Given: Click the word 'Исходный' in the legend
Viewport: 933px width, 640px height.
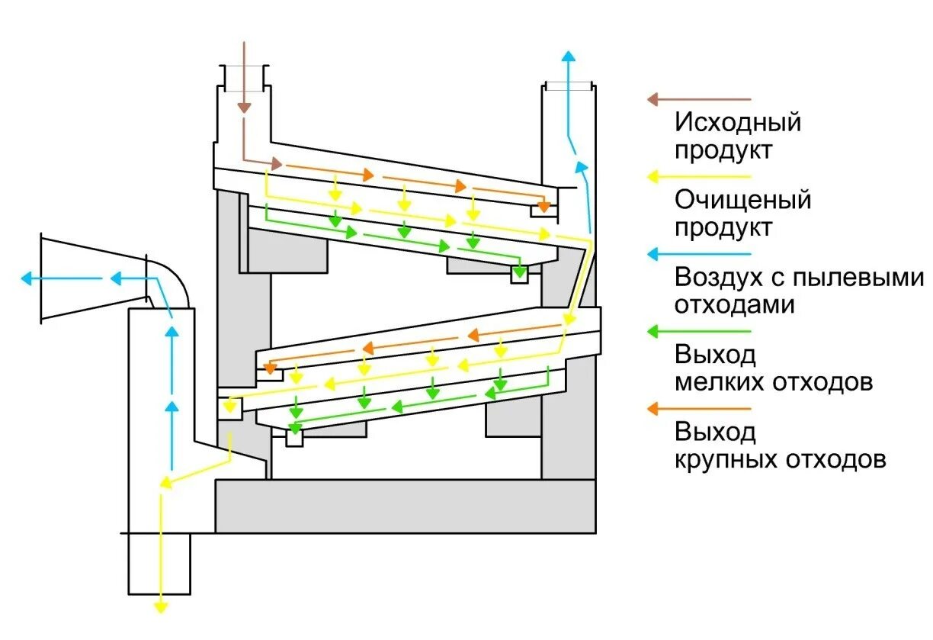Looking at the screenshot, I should [738, 122].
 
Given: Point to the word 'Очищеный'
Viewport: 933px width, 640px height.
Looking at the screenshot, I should [742, 201].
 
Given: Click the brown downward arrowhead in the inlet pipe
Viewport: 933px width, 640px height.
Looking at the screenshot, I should [243, 106].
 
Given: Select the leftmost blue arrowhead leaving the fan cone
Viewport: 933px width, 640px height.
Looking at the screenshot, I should [28, 279].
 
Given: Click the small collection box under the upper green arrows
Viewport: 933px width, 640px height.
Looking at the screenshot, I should [519, 275].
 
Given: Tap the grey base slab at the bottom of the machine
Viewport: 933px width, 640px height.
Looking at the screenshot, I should [405, 506].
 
